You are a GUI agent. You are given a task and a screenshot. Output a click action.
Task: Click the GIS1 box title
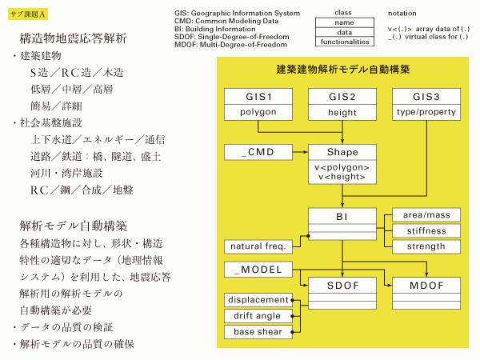[x=258, y=97]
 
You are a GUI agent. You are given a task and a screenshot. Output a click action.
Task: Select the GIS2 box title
[x=342, y=97]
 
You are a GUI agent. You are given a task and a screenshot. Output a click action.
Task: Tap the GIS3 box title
[x=426, y=97]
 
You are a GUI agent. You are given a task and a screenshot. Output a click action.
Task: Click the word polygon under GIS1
[x=258, y=112]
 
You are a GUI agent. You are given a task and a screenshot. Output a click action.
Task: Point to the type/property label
[x=426, y=112]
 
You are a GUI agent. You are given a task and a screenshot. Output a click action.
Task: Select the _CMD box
[x=258, y=152]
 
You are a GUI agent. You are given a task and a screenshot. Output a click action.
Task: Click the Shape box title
[x=342, y=152]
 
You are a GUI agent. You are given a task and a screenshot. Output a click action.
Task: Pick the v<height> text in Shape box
[x=342, y=177]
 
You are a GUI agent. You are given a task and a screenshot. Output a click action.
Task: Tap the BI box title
[x=342, y=217]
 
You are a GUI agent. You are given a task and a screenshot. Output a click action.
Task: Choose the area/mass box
[x=426, y=215]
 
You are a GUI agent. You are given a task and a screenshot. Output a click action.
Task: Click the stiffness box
[x=426, y=231]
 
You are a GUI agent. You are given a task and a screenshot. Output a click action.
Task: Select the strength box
[x=426, y=246]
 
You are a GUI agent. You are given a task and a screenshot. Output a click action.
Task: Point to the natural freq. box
[x=258, y=246]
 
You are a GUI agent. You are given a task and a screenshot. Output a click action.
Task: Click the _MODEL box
[x=258, y=270]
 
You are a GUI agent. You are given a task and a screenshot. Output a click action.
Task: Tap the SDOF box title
[x=342, y=286]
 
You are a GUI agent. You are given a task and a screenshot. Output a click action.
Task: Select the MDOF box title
[x=426, y=286]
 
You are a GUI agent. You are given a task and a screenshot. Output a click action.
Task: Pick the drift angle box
[x=258, y=316]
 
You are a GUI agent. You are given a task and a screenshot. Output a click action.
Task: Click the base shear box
[x=258, y=332]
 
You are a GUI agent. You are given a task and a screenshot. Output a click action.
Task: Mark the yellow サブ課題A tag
[x=28, y=14]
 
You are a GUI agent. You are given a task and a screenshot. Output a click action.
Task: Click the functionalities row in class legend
[x=345, y=42]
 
